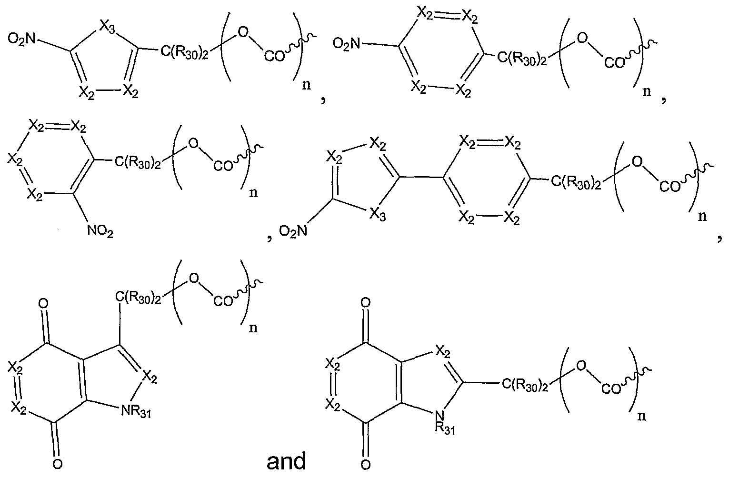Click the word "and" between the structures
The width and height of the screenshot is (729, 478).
click(286, 461)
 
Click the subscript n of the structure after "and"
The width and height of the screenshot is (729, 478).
click(641, 416)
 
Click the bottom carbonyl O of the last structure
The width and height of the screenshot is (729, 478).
click(365, 463)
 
